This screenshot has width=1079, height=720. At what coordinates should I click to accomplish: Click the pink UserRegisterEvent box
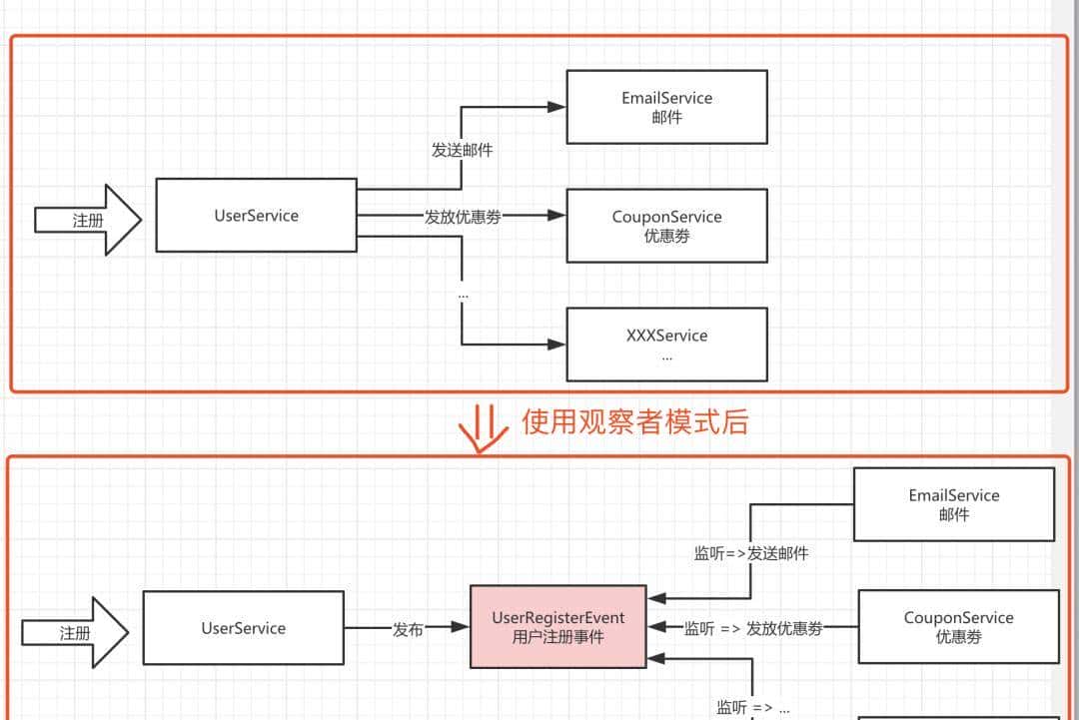558,627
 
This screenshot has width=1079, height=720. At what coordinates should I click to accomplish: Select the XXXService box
666,345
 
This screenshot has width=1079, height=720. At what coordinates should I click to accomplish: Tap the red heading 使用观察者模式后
634,421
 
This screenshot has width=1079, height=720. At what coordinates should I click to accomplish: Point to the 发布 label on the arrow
408,629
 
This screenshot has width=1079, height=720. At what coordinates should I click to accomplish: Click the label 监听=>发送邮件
751,553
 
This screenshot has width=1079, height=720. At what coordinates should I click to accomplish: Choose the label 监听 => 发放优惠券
754,629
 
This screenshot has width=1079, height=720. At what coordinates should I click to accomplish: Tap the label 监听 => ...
752,708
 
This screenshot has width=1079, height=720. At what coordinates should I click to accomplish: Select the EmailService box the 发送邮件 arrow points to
666,107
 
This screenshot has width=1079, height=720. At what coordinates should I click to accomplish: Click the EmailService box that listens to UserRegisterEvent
953,504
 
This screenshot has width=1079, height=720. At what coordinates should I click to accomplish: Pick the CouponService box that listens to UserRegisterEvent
958,626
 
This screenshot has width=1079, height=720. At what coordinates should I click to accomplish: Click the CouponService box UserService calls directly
666,226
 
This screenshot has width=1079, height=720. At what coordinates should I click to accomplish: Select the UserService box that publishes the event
243,628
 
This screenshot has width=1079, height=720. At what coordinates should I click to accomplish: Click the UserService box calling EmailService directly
256,215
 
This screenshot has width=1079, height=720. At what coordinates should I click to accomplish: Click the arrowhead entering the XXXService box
557,345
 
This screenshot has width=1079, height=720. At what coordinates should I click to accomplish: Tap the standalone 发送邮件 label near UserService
462,151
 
